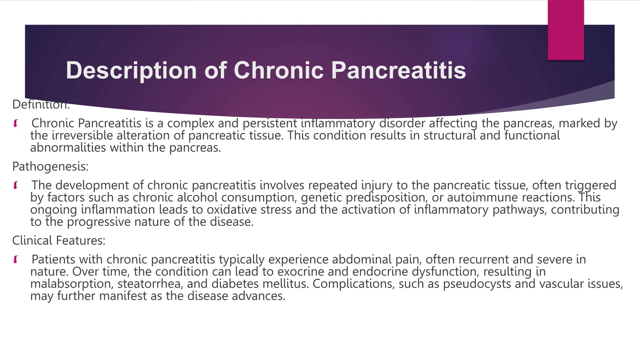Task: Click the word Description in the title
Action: (131, 71)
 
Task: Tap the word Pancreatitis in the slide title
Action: (398, 70)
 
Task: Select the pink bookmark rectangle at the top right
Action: (566, 30)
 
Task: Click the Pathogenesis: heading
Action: (50, 167)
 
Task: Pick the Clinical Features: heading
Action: (59, 241)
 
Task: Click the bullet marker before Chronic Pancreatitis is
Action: (15, 123)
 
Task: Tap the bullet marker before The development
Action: (15, 186)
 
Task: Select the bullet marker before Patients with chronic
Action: (15, 260)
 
